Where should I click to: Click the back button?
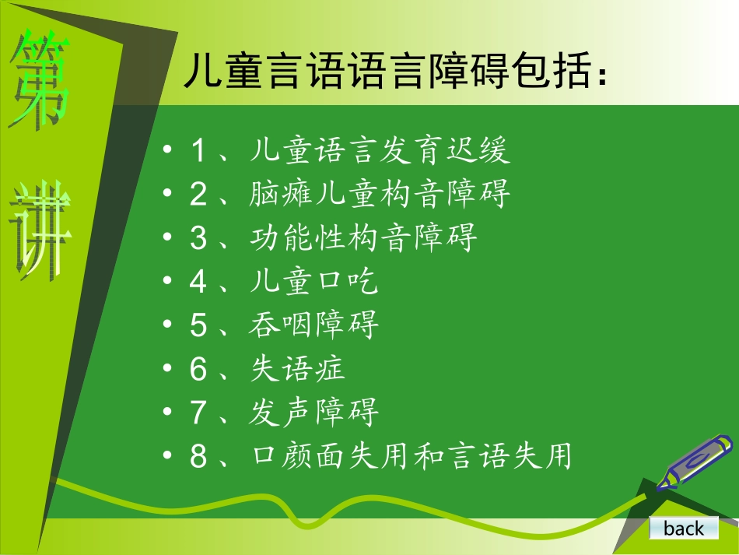684,529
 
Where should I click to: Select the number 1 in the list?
199,151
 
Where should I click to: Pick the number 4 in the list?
199,282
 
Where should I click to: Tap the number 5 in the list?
199,325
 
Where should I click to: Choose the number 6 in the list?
199,369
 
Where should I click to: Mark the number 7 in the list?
199,413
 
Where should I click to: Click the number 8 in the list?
199,456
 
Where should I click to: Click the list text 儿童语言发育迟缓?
380,150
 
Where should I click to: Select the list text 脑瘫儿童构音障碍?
380,194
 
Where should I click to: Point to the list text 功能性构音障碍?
363,237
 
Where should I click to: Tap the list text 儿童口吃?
314,281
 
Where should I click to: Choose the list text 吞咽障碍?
314,325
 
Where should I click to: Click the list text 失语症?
298,368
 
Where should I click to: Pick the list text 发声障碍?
314,412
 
